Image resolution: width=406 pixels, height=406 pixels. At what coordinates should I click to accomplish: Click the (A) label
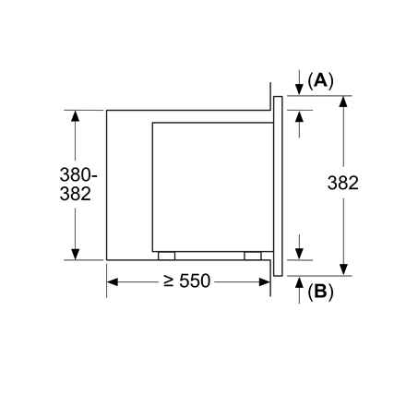click(319, 80)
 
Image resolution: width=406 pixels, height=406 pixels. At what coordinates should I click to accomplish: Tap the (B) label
click(319, 293)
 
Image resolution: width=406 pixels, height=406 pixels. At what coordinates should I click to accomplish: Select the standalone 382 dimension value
click(343, 184)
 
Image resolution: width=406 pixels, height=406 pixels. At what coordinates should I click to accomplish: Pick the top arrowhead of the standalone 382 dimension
click(343, 101)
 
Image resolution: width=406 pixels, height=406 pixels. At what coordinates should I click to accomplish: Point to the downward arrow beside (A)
click(300, 86)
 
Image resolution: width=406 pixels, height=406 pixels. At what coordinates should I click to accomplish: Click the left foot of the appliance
click(165, 256)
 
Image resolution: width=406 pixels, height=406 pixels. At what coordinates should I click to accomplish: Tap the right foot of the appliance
click(252, 256)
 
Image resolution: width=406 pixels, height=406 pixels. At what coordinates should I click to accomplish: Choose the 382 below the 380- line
click(76, 194)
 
